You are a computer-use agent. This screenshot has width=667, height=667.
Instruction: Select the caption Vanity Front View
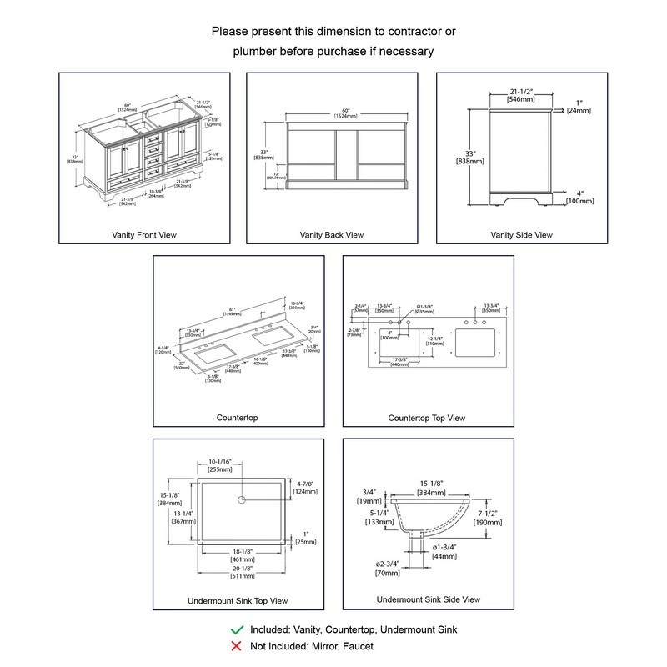pyautogui.click(x=144, y=235)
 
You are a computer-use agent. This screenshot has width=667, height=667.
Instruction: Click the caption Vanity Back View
pyautogui.click(x=332, y=235)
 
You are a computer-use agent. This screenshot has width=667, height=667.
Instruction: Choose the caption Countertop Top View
pyautogui.click(x=427, y=418)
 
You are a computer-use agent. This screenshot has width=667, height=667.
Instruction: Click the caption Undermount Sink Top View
pyautogui.click(x=239, y=600)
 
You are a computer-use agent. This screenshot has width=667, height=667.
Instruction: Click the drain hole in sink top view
pyautogui.click(x=241, y=499)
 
